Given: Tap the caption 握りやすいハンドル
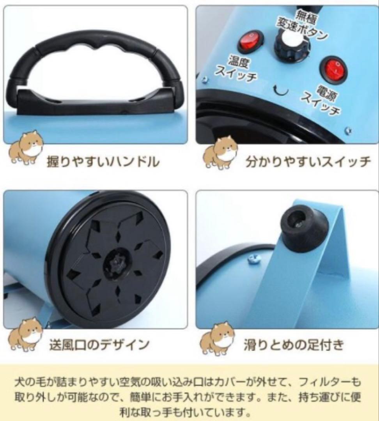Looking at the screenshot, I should pyautogui.click(x=103, y=161).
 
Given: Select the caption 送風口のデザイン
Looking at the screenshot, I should pyautogui.click(x=99, y=344).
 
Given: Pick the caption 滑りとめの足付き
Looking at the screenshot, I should pyautogui.click(x=293, y=344).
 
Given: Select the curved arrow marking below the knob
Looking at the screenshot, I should pyautogui.click(x=281, y=90).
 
